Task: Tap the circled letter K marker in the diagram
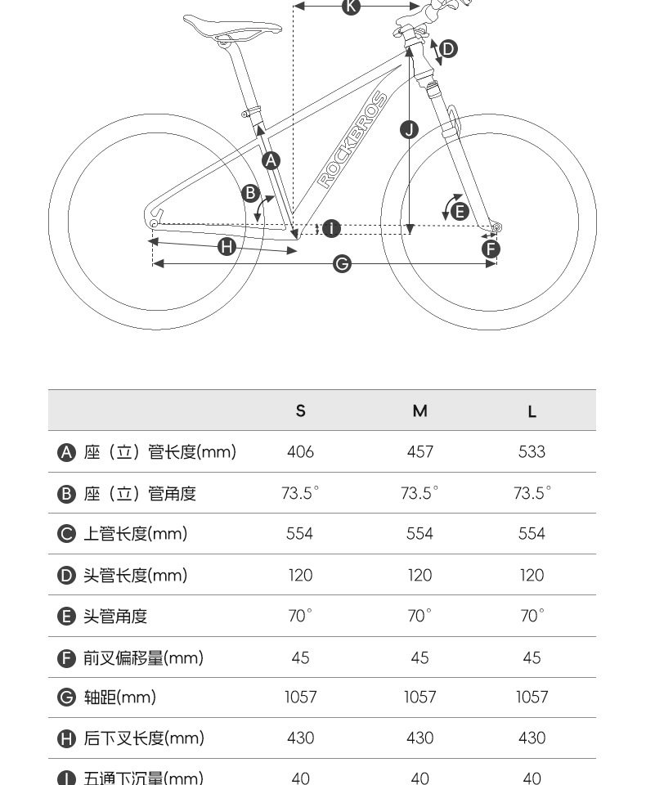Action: pyautogui.click(x=351, y=7)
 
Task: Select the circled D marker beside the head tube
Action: pyautogui.click(x=447, y=49)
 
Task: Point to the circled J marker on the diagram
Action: pyautogui.click(x=410, y=129)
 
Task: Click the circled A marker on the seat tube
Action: pyautogui.click(x=271, y=160)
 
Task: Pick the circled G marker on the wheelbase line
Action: pyautogui.click(x=343, y=263)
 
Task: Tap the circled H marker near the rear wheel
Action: pyautogui.click(x=227, y=247)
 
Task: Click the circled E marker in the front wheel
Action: pyautogui.click(x=460, y=212)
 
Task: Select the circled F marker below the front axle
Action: pyautogui.click(x=491, y=249)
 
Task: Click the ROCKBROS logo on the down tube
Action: pyautogui.click(x=352, y=140)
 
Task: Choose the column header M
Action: pyautogui.click(x=419, y=410)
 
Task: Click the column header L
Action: pyautogui.click(x=532, y=411)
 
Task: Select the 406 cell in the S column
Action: pyautogui.click(x=300, y=452)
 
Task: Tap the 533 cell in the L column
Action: pyautogui.click(x=532, y=452)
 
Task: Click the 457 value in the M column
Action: pyautogui.click(x=419, y=452)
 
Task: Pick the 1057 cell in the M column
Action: pyautogui.click(x=419, y=698)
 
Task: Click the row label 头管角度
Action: pyautogui.click(x=115, y=617)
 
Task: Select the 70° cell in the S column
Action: pyautogui.click(x=300, y=616)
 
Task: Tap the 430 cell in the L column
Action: pyautogui.click(x=532, y=738)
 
